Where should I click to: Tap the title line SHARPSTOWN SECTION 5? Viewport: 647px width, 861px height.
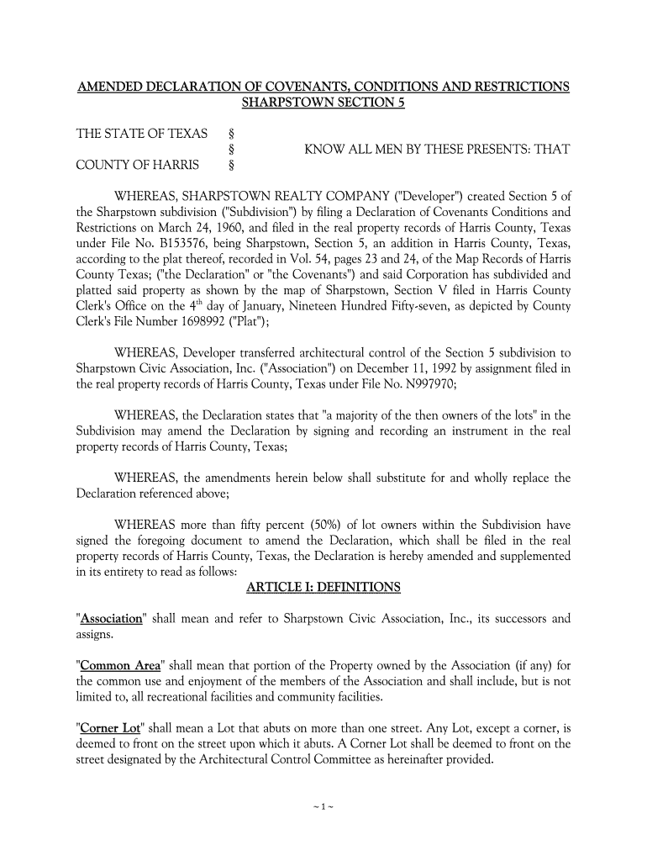coord(323,104)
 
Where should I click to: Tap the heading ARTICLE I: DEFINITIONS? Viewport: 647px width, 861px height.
coord(323,587)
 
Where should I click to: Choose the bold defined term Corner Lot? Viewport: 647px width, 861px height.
coord(109,727)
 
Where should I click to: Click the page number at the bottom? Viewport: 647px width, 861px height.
coord(323,807)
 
